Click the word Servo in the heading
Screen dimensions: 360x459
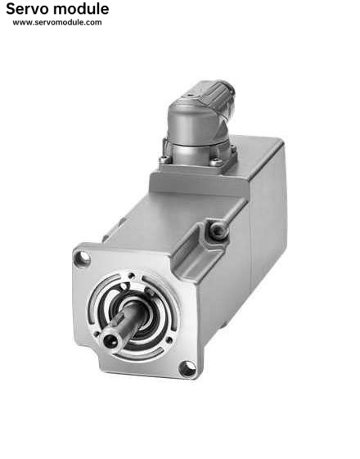(28, 9)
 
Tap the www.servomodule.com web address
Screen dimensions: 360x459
(57, 23)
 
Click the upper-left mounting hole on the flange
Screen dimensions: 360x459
(83, 259)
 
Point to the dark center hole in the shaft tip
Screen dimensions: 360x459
(110, 340)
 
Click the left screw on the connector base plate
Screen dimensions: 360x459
(164, 160)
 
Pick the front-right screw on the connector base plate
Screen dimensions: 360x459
(216, 161)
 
